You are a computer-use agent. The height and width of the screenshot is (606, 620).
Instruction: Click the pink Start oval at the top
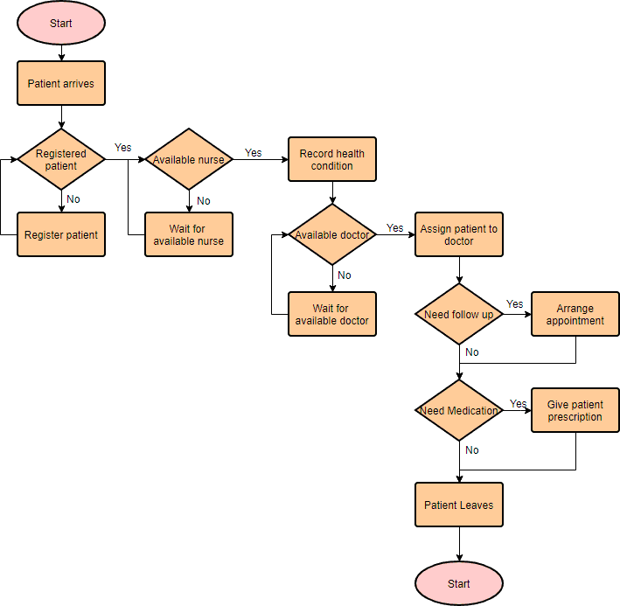coord(61,24)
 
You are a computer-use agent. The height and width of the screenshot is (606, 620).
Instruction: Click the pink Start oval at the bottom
coord(458,583)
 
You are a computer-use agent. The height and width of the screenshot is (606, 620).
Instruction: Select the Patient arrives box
coord(61,84)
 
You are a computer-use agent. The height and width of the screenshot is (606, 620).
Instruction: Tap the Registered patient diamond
coord(61,159)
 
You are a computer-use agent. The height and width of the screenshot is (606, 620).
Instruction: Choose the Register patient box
coord(61,234)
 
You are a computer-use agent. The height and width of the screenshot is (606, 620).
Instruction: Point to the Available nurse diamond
coord(189,159)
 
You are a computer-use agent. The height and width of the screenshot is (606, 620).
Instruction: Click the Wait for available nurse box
coord(189,234)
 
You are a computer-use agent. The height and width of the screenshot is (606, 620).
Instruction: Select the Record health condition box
coord(332,159)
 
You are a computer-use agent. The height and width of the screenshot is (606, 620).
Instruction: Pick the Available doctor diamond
coord(332,234)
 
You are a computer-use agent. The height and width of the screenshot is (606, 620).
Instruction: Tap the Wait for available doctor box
coord(332,314)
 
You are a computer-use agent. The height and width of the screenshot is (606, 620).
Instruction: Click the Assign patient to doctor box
coord(458,234)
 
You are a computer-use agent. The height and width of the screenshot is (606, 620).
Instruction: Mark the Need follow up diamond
coord(458,314)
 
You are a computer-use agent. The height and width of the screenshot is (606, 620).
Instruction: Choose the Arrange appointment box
coord(575,314)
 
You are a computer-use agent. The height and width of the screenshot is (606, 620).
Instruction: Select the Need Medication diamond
coord(458,410)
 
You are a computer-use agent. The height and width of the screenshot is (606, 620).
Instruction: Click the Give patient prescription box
coord(575,410)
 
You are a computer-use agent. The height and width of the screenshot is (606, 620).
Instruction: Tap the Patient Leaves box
coord(458,505)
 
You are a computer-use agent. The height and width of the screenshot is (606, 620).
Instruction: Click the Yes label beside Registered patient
coord(123,147)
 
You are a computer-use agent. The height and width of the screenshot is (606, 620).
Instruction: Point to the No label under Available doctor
coord(345,275)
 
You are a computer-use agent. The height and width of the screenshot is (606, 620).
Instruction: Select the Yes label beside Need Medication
coord(519,403)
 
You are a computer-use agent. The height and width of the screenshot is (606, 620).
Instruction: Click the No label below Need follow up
coord(472,352)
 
